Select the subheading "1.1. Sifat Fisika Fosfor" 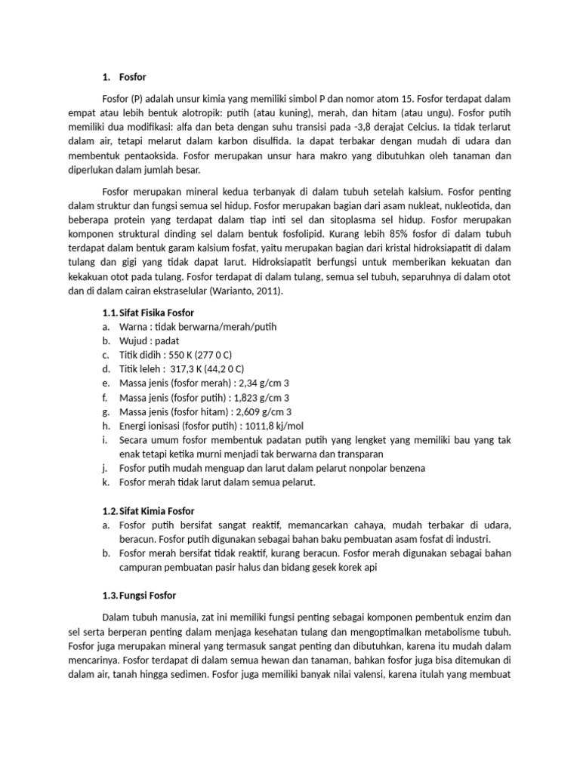coord(148,313)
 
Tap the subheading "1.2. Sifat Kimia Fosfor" coord(148,511)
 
